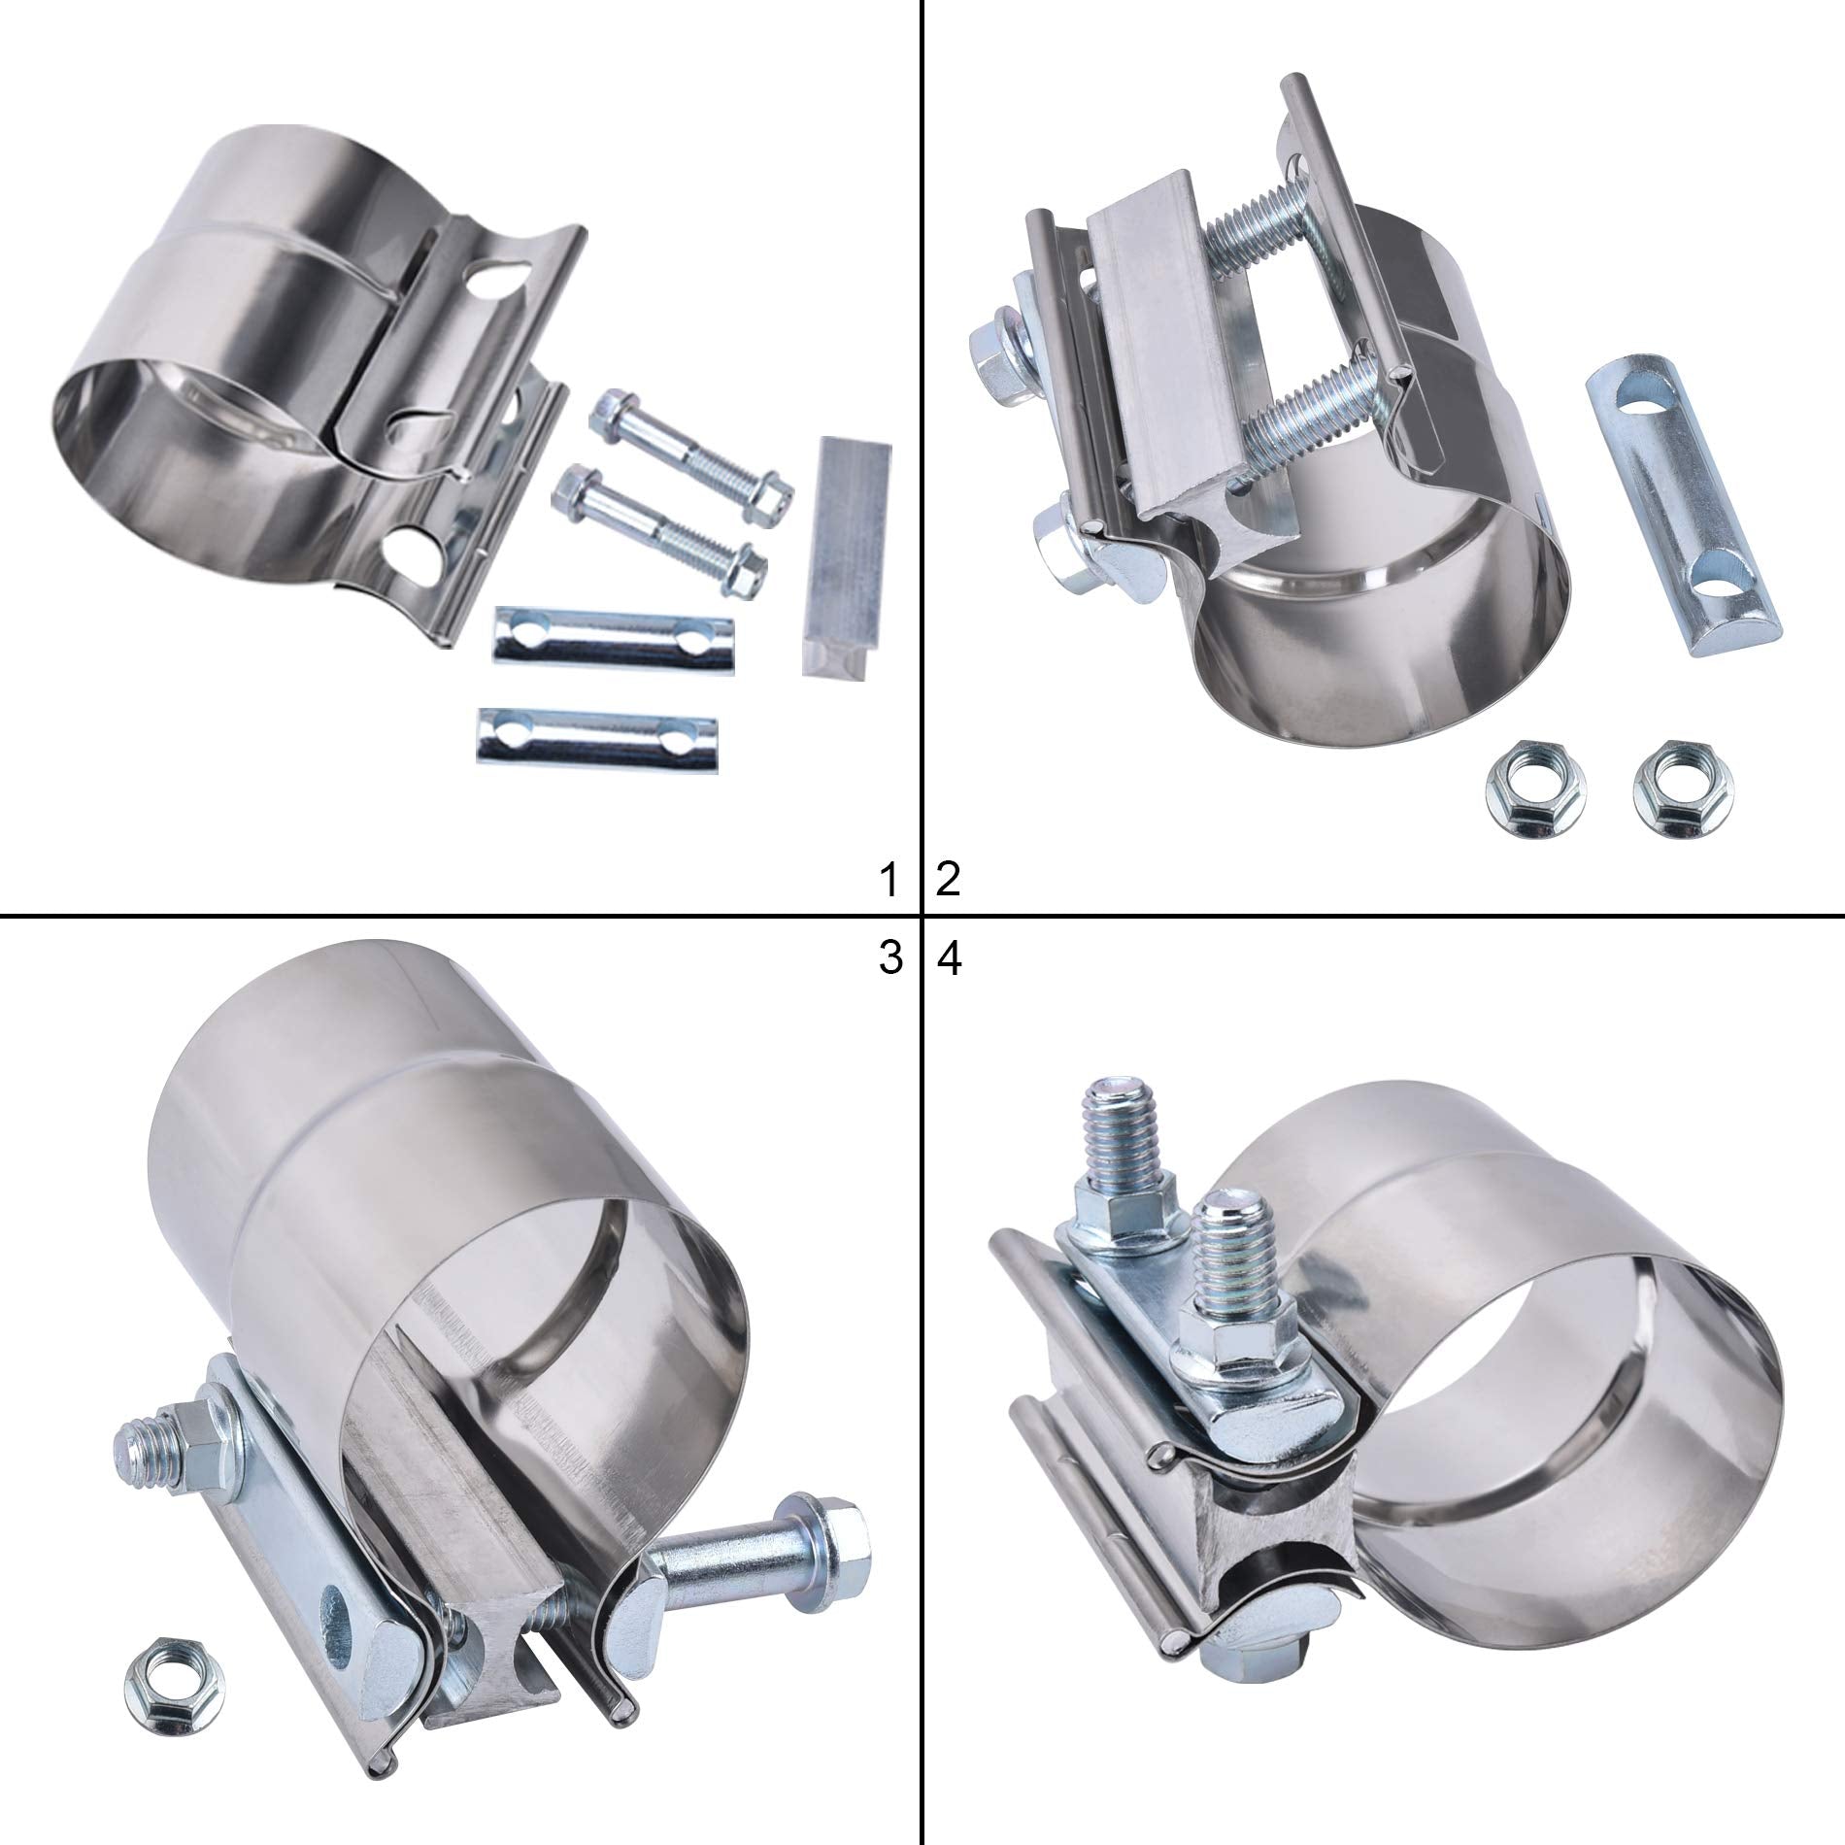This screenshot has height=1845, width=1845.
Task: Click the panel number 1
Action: [x=889, y=881]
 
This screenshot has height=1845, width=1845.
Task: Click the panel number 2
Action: [x=947, y=881]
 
